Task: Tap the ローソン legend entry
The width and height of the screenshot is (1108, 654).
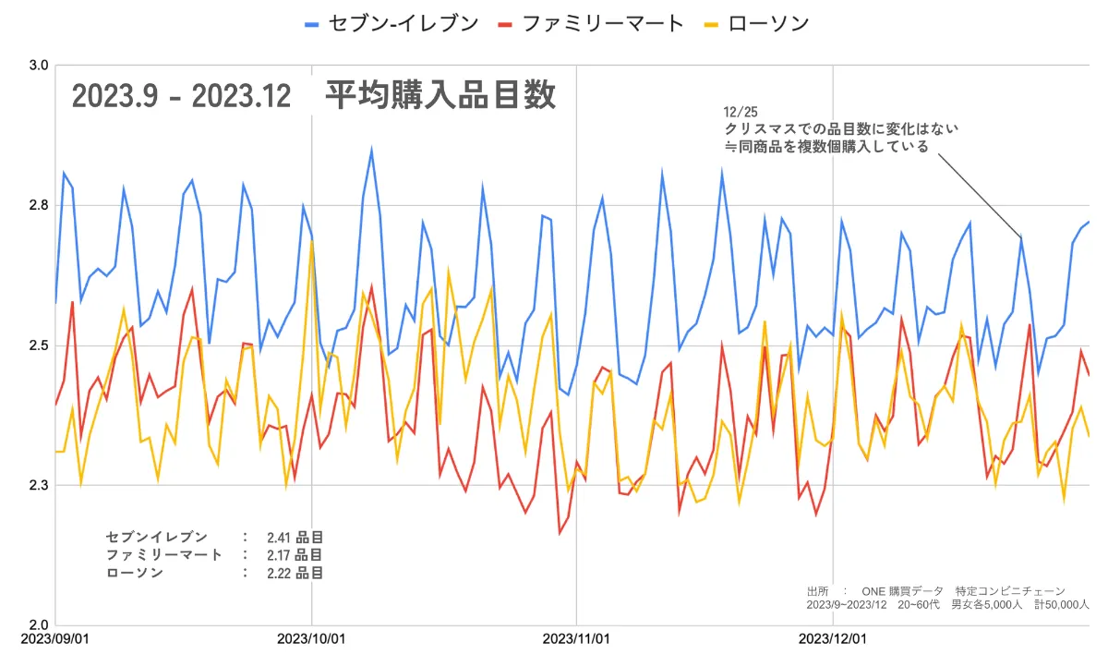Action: (x=769, y=23)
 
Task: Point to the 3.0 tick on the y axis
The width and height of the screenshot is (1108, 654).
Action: (x=40, y=67)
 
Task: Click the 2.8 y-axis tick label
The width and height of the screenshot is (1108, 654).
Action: (x=40, y=205)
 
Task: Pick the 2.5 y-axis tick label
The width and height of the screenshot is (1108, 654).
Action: (x=40, y=345)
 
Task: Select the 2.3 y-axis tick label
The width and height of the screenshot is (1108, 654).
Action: (x=40, y=485)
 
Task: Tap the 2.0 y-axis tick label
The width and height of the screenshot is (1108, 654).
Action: (x=40, y=624)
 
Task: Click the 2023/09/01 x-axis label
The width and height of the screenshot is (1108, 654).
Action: (x=55, y=639)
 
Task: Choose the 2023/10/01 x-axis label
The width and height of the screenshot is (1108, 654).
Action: (x=312, y=639)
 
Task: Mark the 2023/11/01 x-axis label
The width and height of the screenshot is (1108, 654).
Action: (x=576, y=639)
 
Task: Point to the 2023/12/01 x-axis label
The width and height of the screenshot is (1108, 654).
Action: (x=833, y=639)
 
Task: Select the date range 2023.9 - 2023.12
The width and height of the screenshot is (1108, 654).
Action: (x=181, y=95)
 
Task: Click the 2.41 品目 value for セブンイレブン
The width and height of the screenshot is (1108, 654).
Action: (x=295, y=537)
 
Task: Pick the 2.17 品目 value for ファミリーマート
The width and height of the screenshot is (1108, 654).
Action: (x=295, y=554)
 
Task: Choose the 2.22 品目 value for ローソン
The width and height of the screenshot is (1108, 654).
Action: (x=295, y=573)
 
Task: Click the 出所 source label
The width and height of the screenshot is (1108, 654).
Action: (x=817, y=591)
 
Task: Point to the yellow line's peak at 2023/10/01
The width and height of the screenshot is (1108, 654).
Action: (x=312, y=242)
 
